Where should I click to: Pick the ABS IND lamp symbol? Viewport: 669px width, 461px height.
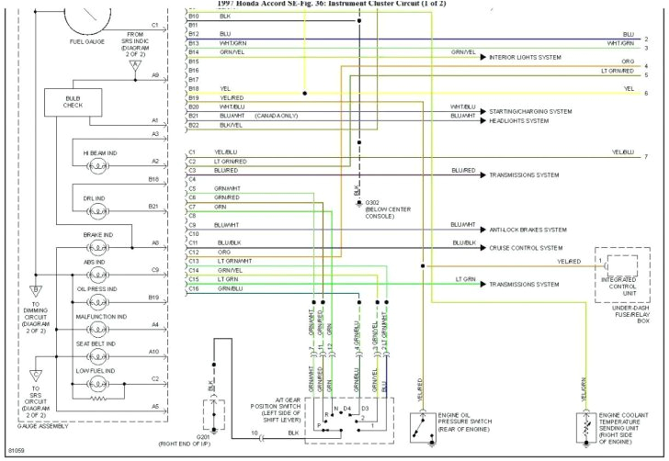coord(97,275)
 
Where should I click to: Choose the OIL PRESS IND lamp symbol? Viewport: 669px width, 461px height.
coord(97,302)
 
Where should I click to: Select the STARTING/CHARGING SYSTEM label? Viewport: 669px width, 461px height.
coord(530,111)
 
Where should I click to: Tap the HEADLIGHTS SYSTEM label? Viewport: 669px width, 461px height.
coord(518,120)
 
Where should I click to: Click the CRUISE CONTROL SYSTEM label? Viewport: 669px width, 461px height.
coord(526,248)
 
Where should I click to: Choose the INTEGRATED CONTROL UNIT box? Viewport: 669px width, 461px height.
coord(623,275)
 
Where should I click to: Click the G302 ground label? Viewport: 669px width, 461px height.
coord(372,201)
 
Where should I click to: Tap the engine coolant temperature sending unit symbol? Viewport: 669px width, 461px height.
coord(582,428)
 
